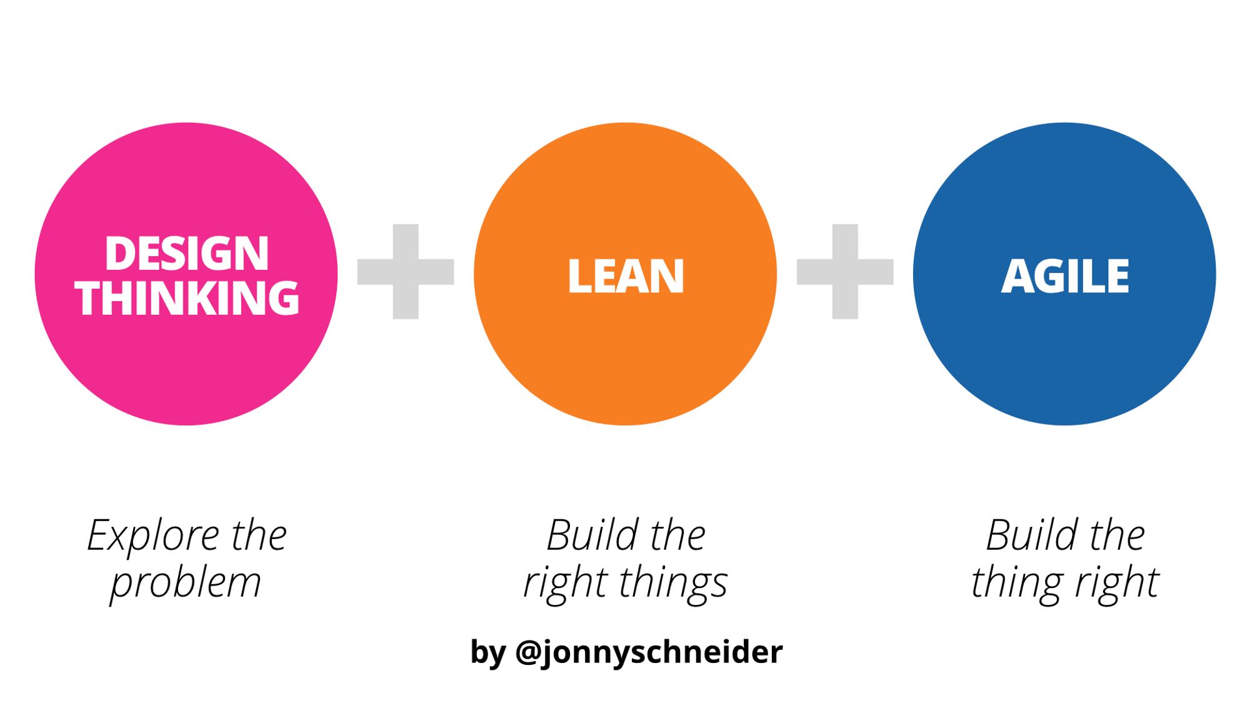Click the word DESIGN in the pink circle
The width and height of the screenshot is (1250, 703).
click(x=186, y=254)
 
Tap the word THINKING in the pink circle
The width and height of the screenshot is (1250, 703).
click(x=186, y=298)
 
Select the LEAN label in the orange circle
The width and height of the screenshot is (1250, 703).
click(x=626, y=276)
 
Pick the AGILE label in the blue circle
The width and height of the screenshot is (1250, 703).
click(x=1065, y=276)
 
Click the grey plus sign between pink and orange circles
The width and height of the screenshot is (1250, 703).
click(x=406, y=272)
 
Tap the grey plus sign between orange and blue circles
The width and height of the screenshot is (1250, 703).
click(x=845, y=272)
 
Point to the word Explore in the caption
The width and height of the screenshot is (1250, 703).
click(x=153, y=536)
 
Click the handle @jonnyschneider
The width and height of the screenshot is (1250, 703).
click(x=649, y=652)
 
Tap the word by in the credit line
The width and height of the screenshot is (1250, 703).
click(x=487, y=652)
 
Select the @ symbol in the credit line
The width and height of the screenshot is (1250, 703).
click(x=528, y=652)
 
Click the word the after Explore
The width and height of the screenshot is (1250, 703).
click(x=259, y=536)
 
